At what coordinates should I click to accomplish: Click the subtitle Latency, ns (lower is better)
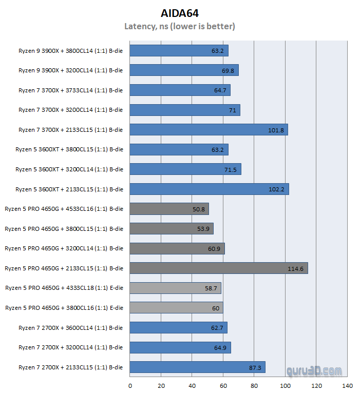pyautogui.click(x=180, y=26)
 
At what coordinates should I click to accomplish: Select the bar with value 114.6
pyautogui.click(x=218, y=268)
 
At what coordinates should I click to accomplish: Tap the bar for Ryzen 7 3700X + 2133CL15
pyautogui.click(x=209, y=130)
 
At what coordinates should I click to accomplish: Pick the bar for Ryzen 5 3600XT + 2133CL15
pyautogui.click(x=209, y=189)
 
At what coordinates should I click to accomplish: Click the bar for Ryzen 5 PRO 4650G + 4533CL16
pyautogui.click(x=169, y=209)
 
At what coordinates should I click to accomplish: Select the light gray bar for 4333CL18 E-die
pyautogui.click(x=175, y=288)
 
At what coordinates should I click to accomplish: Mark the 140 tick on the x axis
pyautogui.click(x=348, y=386)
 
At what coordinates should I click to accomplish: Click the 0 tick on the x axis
pyautogui.click(x=130, y=386)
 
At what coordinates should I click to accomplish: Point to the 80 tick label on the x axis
pyautogui.click(x=254, y=386)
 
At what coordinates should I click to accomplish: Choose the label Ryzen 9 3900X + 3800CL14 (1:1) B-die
pyautogui.click(x=70, y=50)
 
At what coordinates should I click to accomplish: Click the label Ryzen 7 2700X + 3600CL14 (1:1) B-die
pyautogui.click(x=70, y=327)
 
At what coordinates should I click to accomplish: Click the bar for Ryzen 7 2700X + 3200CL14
pyautogui.click(x=180, y=347)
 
